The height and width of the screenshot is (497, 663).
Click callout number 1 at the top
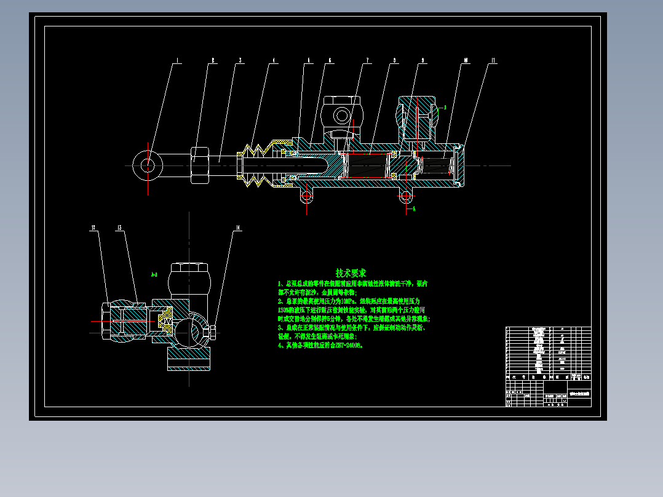point(178,61)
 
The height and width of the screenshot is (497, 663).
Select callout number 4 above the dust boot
point(274,61)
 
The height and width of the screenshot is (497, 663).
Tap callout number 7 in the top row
point(367,61)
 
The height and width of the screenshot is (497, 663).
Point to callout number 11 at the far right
point(493,61)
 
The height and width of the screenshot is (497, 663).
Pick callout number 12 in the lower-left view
point(93,228)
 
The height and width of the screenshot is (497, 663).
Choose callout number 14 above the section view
point(237,228)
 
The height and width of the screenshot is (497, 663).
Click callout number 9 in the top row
point(423,61)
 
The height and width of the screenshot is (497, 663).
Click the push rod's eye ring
point(148,165)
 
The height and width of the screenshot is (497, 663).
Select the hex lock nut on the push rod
point(200,165)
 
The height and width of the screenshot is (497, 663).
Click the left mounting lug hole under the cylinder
point(306,196)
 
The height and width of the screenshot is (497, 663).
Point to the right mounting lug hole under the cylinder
point(405,196)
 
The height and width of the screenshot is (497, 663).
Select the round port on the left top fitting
point(340,114)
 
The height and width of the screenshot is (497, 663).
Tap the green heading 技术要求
point(351,272)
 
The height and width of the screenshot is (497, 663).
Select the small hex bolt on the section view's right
point(212,333)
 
